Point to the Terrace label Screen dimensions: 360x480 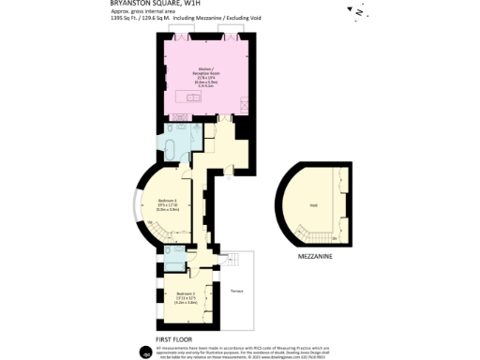[x=238, y=292]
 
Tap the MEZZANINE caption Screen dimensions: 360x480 [x=315, y=255]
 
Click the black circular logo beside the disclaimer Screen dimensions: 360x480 [x=146, y=352]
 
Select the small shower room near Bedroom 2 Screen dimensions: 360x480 [x=172, y=255]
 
